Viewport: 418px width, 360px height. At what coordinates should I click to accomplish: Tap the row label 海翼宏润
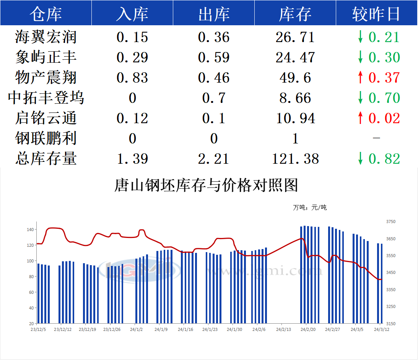[x=46, y=37]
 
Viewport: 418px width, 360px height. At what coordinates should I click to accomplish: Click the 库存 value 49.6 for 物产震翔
[x=295, y=78]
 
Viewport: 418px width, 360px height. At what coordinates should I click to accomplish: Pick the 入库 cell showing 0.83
[x=132, y=78]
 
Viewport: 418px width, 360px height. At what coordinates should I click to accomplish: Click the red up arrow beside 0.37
[x=360, y=78]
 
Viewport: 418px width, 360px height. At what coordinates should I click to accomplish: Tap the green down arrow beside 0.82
[x=360, y=159]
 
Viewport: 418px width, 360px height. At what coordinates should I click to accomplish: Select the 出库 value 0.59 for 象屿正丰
[x=214, y=57]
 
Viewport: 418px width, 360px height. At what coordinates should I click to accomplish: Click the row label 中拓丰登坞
[x=46, y=98]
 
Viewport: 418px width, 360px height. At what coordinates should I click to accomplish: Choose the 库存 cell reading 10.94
[x=295, y=118]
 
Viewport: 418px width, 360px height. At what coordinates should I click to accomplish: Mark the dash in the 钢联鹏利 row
[x=376, y=138]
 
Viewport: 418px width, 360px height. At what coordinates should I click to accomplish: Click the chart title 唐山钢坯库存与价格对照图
[x=206, y=186]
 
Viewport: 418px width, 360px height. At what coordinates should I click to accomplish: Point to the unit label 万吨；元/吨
[x=310, y=208]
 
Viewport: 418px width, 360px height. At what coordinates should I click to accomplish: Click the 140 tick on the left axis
[x=30, y=230]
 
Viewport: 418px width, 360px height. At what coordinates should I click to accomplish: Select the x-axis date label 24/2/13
[x=283, y=329]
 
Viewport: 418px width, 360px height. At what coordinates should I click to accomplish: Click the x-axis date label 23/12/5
[x=38, y=329]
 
